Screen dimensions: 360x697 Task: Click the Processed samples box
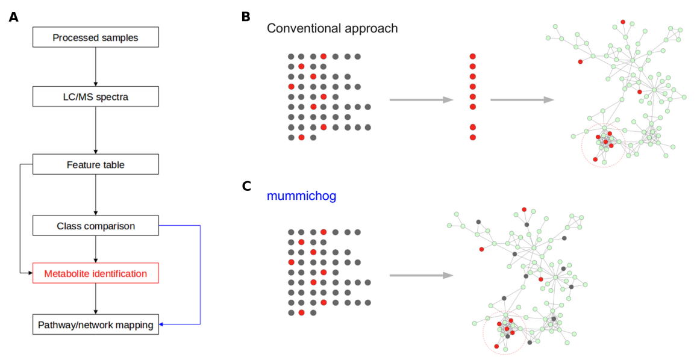point(95,38)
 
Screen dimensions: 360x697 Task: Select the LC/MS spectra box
point(95,96)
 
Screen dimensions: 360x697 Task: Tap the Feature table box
point(95,164)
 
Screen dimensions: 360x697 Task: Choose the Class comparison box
point(95,226)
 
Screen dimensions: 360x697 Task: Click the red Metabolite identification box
point(95,273)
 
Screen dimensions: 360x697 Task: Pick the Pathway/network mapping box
point(95,325)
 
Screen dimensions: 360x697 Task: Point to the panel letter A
point(14,17)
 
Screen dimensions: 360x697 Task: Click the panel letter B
point(246,17)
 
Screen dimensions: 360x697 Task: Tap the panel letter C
point(246,186)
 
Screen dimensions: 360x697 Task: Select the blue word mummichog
point(302,196)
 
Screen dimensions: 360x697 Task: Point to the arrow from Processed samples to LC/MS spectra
point(95,66)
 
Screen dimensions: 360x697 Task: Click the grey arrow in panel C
point(420,276)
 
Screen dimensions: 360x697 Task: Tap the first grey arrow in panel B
point(420,100)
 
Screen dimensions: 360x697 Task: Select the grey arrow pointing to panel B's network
point(522,100)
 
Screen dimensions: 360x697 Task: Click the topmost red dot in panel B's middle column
point(473,56)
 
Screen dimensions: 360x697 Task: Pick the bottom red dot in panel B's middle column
point(473,137)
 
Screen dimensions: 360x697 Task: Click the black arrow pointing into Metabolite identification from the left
point(28,273)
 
